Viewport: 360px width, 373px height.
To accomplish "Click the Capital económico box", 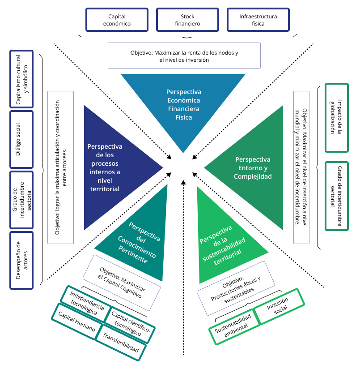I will point(117,20).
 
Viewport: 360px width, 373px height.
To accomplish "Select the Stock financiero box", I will point(187,20).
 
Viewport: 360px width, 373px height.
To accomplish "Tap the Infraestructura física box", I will point(258,20).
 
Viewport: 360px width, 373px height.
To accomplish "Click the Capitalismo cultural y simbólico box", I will point(21,78).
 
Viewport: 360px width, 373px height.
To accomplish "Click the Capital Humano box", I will point(76,321).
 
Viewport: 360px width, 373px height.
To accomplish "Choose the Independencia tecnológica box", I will point(87,304).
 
